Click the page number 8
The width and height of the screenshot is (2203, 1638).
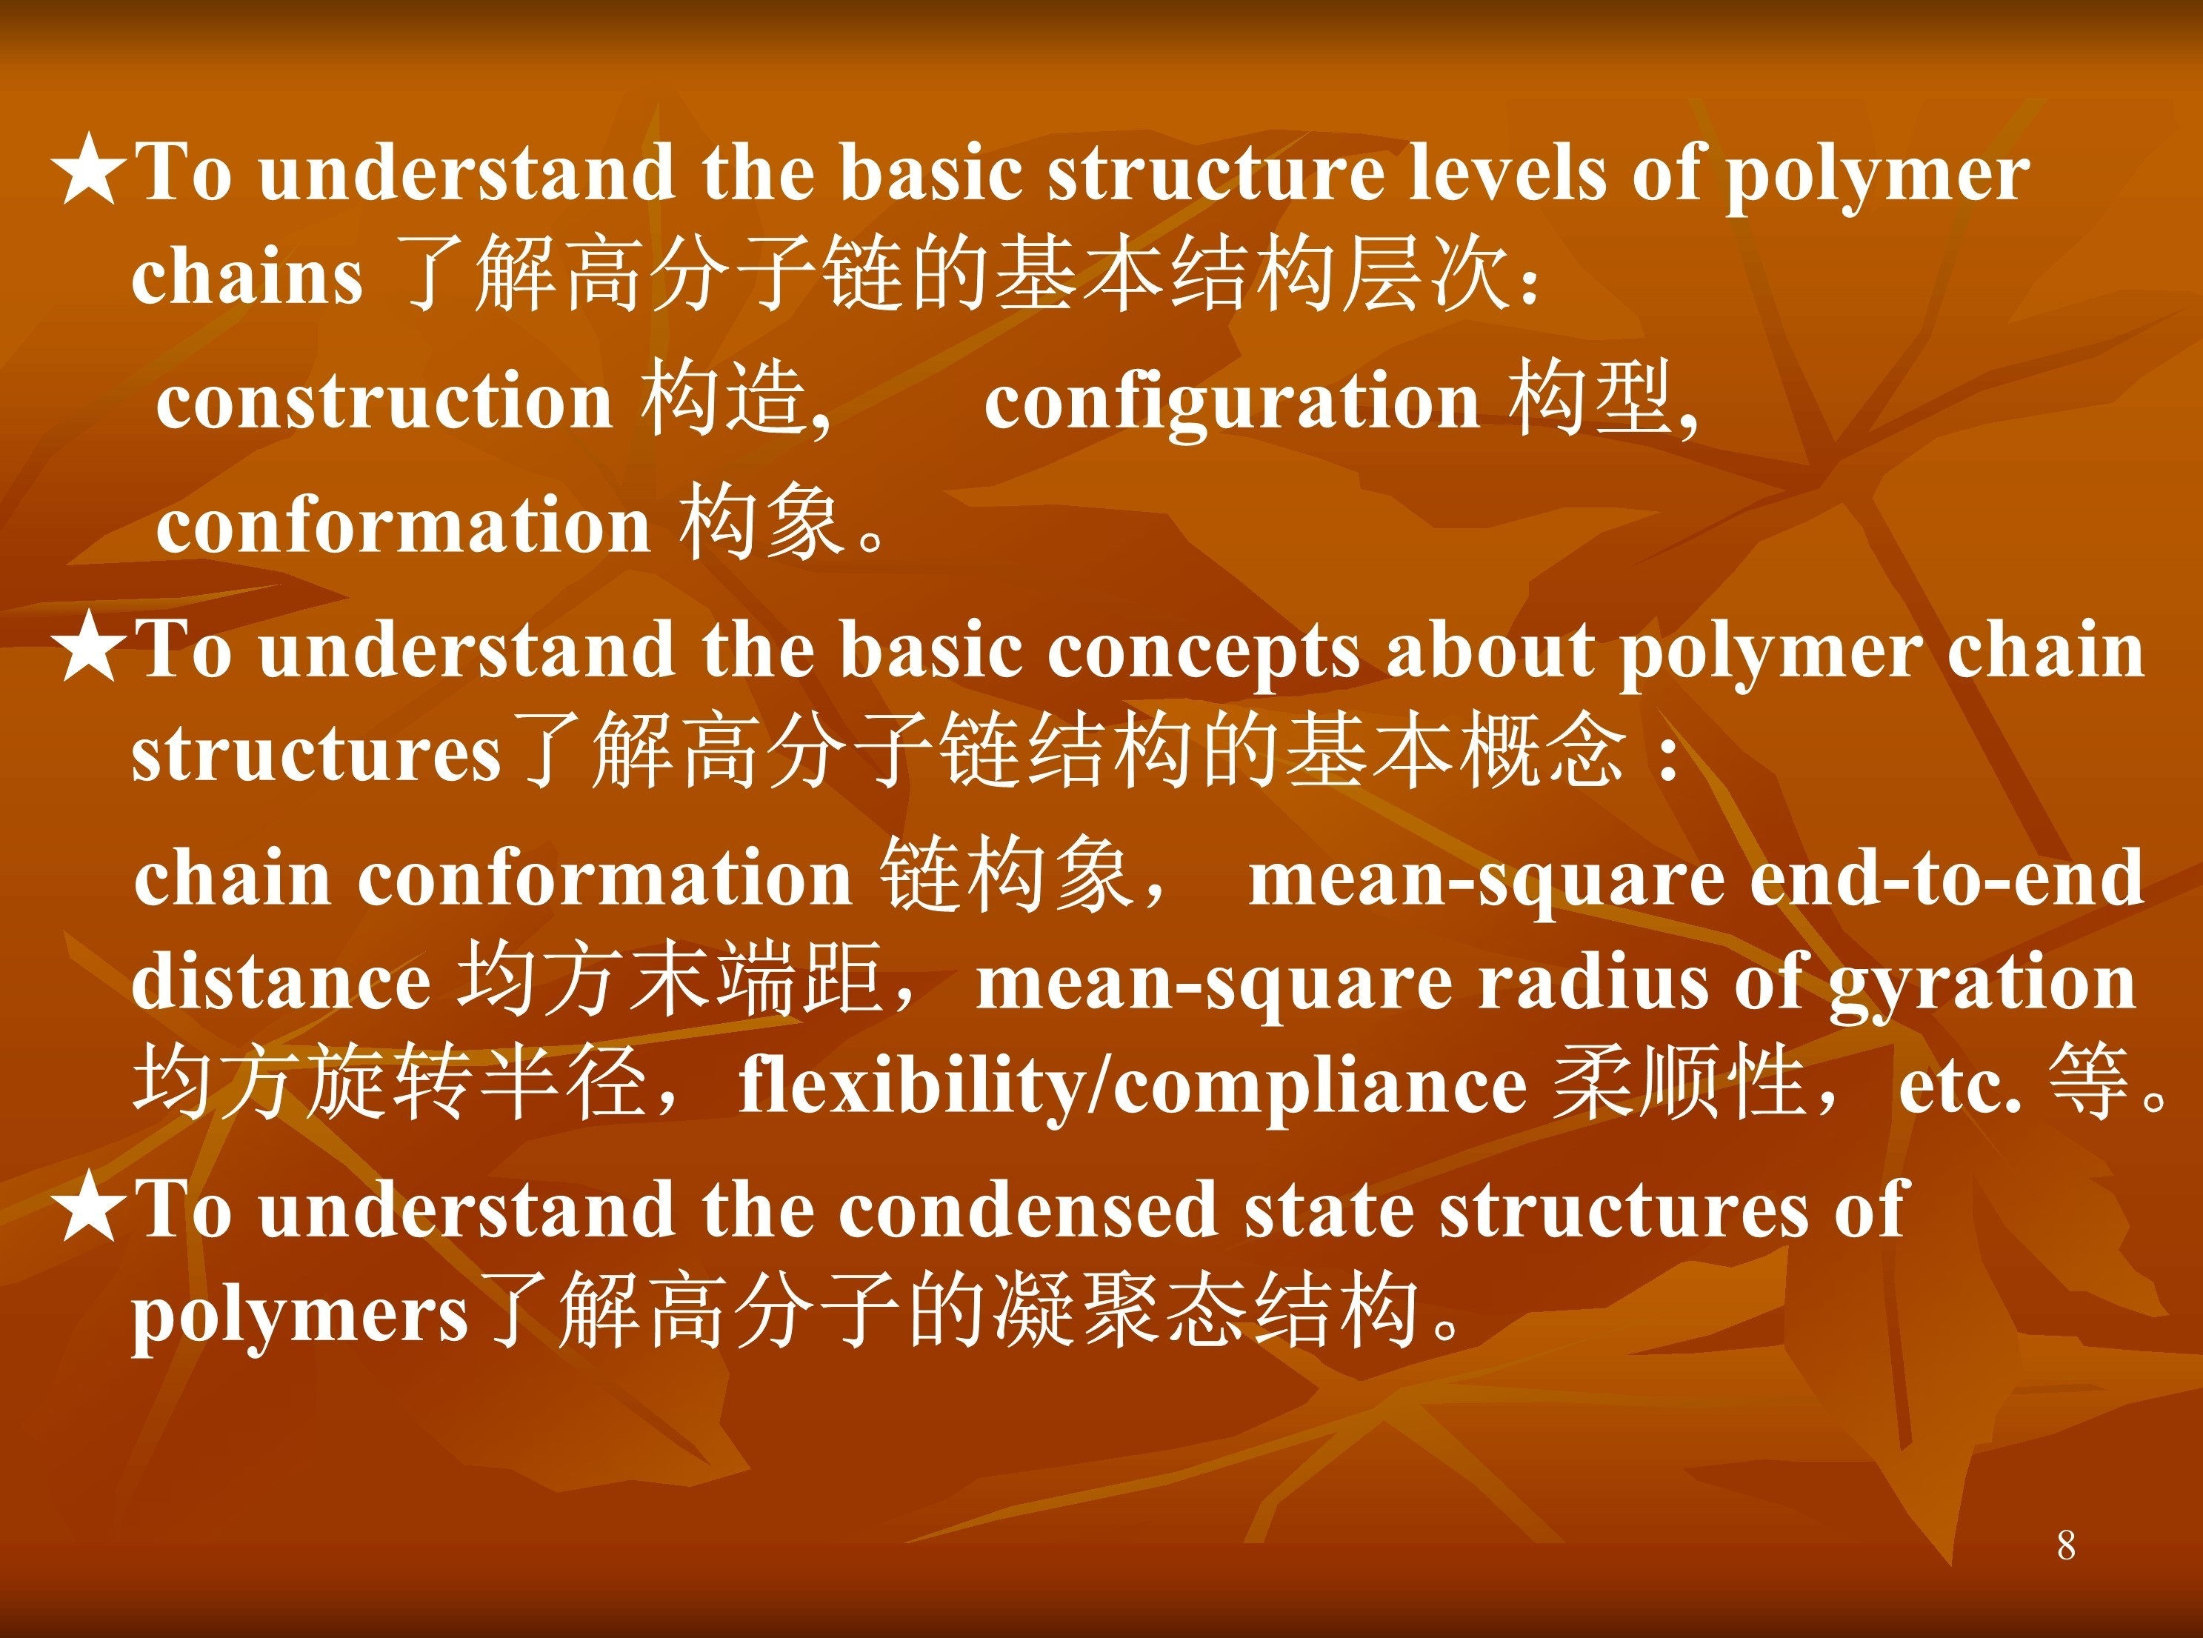pyautogui.click(x=2065, y=1545)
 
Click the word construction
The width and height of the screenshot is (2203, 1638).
pyautogui.click(x=384, y=402)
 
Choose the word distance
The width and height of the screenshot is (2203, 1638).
pyautogui.click(x=281, y=982)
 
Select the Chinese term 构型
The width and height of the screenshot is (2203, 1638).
pyautogui.click(x=1591, y=399)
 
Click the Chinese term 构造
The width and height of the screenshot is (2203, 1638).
pyautogui.click(x=723, y=399)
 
